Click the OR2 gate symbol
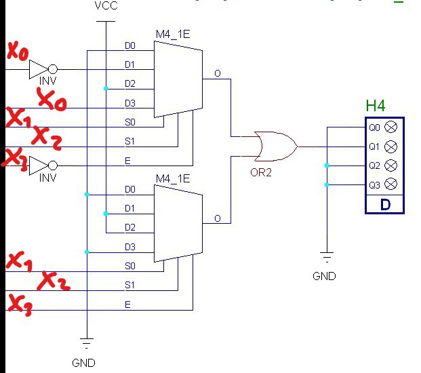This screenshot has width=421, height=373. coord(274,145)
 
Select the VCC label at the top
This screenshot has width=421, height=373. coord(105,6)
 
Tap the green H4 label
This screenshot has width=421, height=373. coord(376,106)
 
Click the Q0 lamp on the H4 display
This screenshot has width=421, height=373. coord(390,127)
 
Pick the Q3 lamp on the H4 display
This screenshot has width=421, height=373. coord(390,184)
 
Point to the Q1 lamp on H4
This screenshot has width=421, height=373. coord(390,146)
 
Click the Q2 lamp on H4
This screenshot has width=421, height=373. coord(390,165)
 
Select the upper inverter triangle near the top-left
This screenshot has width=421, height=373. coord(39,69)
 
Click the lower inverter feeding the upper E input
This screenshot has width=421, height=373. coord(39,165)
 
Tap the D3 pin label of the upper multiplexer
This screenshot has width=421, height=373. coord(130,103)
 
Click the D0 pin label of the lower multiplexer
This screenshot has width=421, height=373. coord(130,189)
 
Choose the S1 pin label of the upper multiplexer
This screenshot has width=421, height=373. coord(130,141)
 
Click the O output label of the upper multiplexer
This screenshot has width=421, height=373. coord(217,73)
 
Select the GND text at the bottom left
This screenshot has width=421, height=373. coord(84,363)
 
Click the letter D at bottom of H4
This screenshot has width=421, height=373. coord(384,204)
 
